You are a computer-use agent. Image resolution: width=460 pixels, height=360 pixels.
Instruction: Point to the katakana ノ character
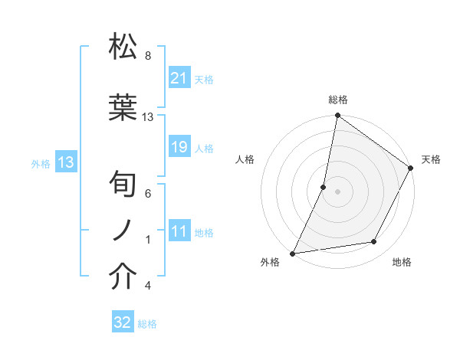point(123,231)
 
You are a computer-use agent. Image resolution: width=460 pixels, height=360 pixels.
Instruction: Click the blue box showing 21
point(179,78)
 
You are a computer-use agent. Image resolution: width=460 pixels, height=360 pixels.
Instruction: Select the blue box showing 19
point(179,147)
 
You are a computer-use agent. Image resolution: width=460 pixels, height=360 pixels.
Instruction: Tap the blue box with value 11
point(179,231)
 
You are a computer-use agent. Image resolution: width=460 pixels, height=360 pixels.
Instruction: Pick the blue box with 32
point(123,323)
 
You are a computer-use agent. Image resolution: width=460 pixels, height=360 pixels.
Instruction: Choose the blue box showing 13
point(65,162)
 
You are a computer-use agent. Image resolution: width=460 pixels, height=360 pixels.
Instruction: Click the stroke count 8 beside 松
point(148,56)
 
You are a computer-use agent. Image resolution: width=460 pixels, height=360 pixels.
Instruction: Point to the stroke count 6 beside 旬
point(148,194)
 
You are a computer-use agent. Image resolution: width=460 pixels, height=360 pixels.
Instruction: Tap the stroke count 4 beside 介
point(148,286)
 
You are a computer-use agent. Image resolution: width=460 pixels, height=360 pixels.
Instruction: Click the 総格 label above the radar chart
point(337,100)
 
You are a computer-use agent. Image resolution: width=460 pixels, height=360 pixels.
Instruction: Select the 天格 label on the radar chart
point(431,159)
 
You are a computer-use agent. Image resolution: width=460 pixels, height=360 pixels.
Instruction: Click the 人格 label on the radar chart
point(245,159)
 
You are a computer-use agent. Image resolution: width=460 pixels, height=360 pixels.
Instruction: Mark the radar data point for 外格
point(292,253)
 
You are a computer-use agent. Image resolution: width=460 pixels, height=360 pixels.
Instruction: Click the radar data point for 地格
point(374,242)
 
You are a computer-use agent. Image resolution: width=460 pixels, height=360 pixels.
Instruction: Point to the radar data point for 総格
point(337,116)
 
